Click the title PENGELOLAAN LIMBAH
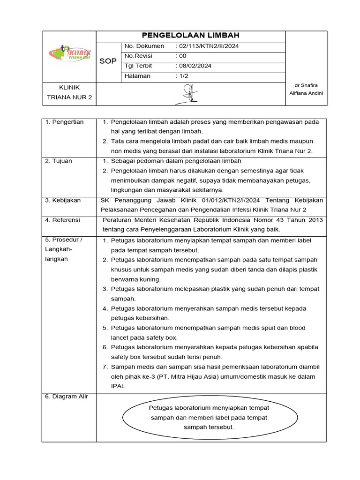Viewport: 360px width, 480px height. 191,36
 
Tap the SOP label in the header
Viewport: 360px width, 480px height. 108,61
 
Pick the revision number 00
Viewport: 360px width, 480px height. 182,56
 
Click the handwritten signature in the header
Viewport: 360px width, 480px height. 190,94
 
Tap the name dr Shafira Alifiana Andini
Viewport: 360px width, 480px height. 306,89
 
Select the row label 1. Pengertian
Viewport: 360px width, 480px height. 65,122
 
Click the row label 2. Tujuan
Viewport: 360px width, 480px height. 59,161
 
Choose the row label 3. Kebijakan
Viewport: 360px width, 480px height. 63,200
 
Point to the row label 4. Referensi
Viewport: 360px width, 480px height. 63,220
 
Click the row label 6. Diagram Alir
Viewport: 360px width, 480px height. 66,396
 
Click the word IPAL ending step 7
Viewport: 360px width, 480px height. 119,386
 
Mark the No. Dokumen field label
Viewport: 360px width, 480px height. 144,46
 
